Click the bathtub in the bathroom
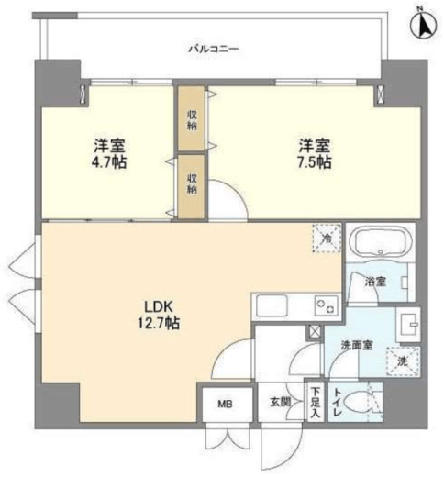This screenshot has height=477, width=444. pos(379,244)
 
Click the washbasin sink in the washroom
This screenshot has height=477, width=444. pos(406,325)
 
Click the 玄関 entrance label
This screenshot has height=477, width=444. pos(279,402)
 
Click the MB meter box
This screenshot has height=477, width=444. pos(224,402)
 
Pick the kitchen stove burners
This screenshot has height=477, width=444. pos(323,304)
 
